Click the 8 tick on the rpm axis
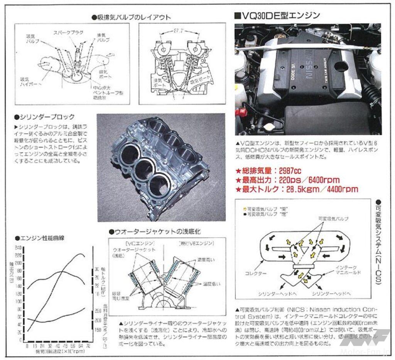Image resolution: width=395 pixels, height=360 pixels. tap(27, 347)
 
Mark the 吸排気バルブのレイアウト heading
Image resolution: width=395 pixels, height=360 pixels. tap(132, 17)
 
